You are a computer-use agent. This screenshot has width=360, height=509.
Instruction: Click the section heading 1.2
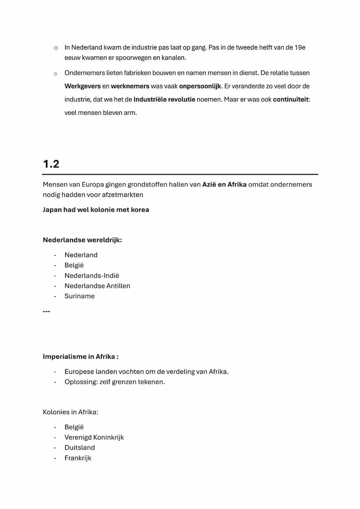pyautogui.click(x=51, y=164)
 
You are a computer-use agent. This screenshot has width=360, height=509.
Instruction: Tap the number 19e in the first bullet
pyautogui.click(x=300, y=47)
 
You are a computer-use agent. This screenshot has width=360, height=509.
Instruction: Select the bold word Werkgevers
pyautogui.click(x=83, y=86)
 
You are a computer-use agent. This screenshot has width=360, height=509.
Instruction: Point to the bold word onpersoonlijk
pyautogui.click(x=200, y=86)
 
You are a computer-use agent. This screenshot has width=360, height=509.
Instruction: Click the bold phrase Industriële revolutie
pyautogui.click(x=164, y=100)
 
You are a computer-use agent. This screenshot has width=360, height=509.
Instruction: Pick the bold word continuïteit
pyautogui.click(x=291, y=100)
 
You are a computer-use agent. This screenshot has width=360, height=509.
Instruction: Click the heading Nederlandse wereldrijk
pyautogui.click(x=82, y=240)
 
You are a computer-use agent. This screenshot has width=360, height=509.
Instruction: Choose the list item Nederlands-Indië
pyautogui.click(x=92, y=276)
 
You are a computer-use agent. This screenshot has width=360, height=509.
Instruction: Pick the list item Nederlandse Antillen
pyautogui.click(x=97, y=286)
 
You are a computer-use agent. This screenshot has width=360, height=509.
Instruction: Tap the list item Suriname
pyautogui.click(x=80, y=296)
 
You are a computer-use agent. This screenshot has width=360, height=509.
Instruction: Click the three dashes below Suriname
pyautogui.click(x=47, y=311)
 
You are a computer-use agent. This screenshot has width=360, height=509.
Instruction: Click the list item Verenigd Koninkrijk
pyautogui.click(x=94, y=437)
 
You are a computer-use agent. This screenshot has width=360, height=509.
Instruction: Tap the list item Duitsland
pyautogui.click(x=80, y=448)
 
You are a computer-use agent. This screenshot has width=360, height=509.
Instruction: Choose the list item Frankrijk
pyautogui.click(x=78, y=458)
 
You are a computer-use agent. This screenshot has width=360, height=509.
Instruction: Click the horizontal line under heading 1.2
pyautogui.click(x=180, y=174)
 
